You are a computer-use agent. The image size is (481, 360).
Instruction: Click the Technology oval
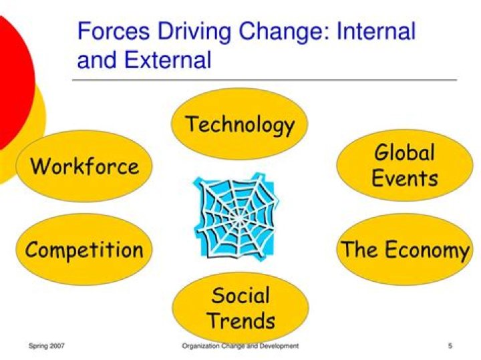(x=239, y=124)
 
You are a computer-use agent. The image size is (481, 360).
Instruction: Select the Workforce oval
(x=85, y=166)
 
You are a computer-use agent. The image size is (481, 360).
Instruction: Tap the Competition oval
(x=84, y=250)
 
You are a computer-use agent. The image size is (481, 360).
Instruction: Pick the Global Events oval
(x=405, y=166)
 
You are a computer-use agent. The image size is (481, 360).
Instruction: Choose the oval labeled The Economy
(x=405, y=250)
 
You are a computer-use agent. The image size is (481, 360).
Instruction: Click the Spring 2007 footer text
(x=46, y=345)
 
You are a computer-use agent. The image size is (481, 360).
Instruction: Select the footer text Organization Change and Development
(x=240, y=345)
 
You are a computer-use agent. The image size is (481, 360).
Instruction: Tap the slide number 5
(x=450, y=345)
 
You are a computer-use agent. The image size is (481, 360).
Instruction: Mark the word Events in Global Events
(x=405, y=178)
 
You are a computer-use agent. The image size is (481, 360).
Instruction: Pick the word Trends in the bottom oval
(x=240, y=320)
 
